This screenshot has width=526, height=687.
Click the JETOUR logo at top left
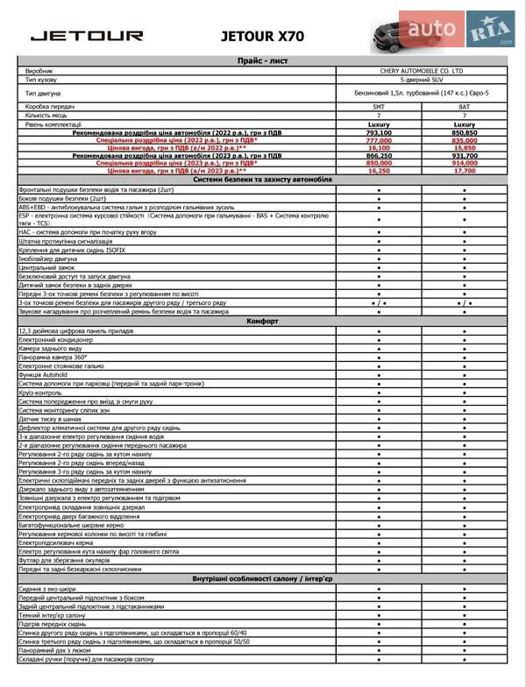pyautogui.click(x=87, y=36)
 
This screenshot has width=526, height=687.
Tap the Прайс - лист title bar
pyautogui.click(x=262, y=60)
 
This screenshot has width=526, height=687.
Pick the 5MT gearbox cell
pyautogui.click(x=379, y=106)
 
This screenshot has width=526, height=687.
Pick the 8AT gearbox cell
pyautogui.click(x=464, y=106)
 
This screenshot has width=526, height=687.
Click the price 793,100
pyautogui.click(x=379, y=132)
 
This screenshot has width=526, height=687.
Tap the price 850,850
pyautogui.click(x=464, y=132)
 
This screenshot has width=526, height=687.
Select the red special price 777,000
pyautogui.click(x=379, y=140)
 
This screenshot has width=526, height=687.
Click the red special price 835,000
pyautogui.click(x=464, y=140)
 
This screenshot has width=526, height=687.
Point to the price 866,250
pyautogui.click(x=379, y=155)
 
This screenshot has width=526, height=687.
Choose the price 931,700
pyautogui.click(x=464, y=155)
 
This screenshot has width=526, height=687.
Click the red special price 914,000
pyautogui.click(x=464, y=163)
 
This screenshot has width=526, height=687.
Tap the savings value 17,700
pyautogui.click(x=464, y=171)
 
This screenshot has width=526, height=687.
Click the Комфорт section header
pyautogui.click(x=262, y=322)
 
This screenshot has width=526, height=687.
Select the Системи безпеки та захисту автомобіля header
pyautogui.click(x=262, y=179)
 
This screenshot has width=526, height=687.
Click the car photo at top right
pyautogui.click(x=405, y=35)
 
